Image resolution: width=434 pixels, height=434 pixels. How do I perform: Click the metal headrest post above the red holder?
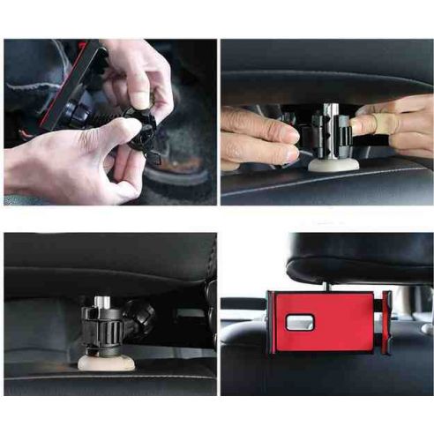coord(326,284)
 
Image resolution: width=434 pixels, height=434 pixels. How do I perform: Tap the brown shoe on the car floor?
coord(181,163)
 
